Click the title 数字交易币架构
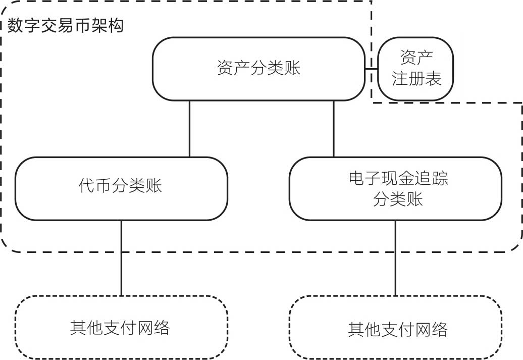tap(66, 25)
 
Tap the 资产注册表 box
tap(416, 69)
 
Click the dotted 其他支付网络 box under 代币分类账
tap(121, 328)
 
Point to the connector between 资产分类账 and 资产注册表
tap(372, 68)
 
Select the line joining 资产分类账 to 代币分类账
tap(189, 129)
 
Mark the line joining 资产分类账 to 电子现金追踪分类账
tap(334, 129)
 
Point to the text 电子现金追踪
tap(398, 179)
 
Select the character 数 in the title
tap(15, 25)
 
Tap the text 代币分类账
tap(121, 186)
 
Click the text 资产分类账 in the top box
tap(258, 68)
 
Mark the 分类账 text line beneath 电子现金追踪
tap(398, 199)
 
